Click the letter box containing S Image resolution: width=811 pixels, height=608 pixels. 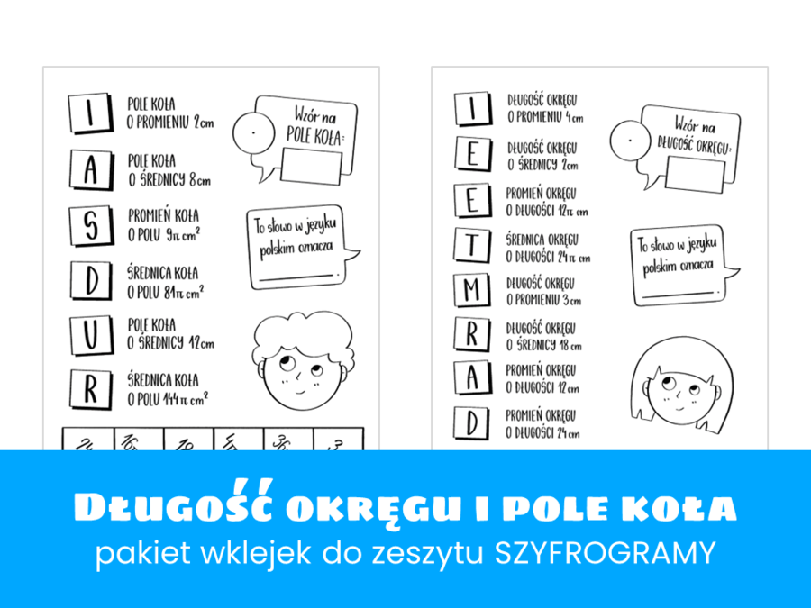point(89,227)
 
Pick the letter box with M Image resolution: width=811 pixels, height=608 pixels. point(472,290)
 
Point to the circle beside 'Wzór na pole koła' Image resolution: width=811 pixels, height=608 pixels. point(253,134)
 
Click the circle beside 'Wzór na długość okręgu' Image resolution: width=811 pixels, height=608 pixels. point(630,141)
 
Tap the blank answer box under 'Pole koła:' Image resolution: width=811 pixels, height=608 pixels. point(311,167)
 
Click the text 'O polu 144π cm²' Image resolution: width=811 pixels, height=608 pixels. point(169,396)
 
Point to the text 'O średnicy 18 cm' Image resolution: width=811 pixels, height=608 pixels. point(543,345)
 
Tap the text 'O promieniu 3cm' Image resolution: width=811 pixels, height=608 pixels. point(543,300)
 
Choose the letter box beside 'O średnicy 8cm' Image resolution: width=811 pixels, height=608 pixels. point(89,174)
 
